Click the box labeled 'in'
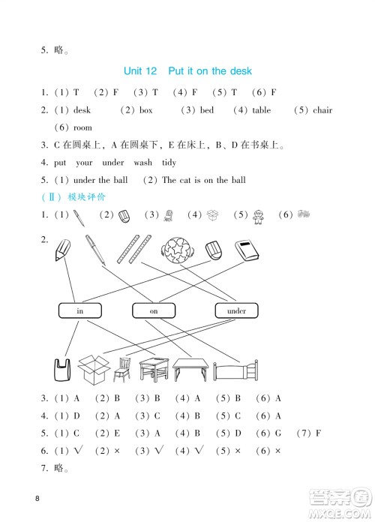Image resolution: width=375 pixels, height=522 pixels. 78,310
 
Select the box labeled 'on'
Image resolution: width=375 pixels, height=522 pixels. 153,310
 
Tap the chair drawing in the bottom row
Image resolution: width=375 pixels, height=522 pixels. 122,368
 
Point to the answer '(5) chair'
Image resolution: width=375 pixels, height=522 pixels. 313,110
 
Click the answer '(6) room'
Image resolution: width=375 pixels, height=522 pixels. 73,127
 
